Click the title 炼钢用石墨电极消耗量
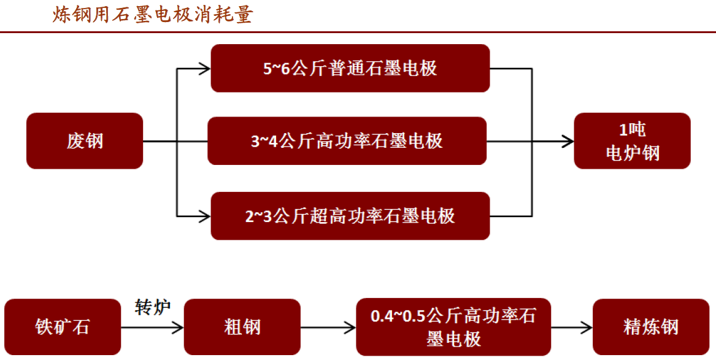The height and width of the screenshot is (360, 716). pos(153,15)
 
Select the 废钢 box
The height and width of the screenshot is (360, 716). pos(85,141)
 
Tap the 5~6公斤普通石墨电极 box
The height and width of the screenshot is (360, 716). pos(350,69)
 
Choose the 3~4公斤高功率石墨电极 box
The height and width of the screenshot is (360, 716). pos(347,141)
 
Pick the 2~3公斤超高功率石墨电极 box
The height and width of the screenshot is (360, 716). pos(350,216)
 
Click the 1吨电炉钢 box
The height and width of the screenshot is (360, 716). pos(632,141)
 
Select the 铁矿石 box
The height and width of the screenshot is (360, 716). pos(63,327)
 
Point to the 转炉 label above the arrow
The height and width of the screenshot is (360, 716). pos(153,307)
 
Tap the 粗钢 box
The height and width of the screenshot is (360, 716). pos(242,327)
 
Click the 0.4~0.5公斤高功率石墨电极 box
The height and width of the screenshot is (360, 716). pos(453,327)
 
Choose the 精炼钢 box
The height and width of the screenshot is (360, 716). pos(651,327)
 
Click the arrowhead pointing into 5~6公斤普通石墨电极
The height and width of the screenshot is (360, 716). pos(204,69)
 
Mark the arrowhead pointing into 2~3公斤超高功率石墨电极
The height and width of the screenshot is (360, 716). pos(204,216)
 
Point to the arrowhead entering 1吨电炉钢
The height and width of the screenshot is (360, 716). pos(568,142)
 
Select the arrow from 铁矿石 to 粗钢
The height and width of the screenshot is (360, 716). pos(153,327)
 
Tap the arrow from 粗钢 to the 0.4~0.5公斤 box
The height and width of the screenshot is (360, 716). pos(328,327)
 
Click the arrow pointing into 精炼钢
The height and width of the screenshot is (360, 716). pos(572,327)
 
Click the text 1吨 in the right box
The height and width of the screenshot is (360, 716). pos(632,130)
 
